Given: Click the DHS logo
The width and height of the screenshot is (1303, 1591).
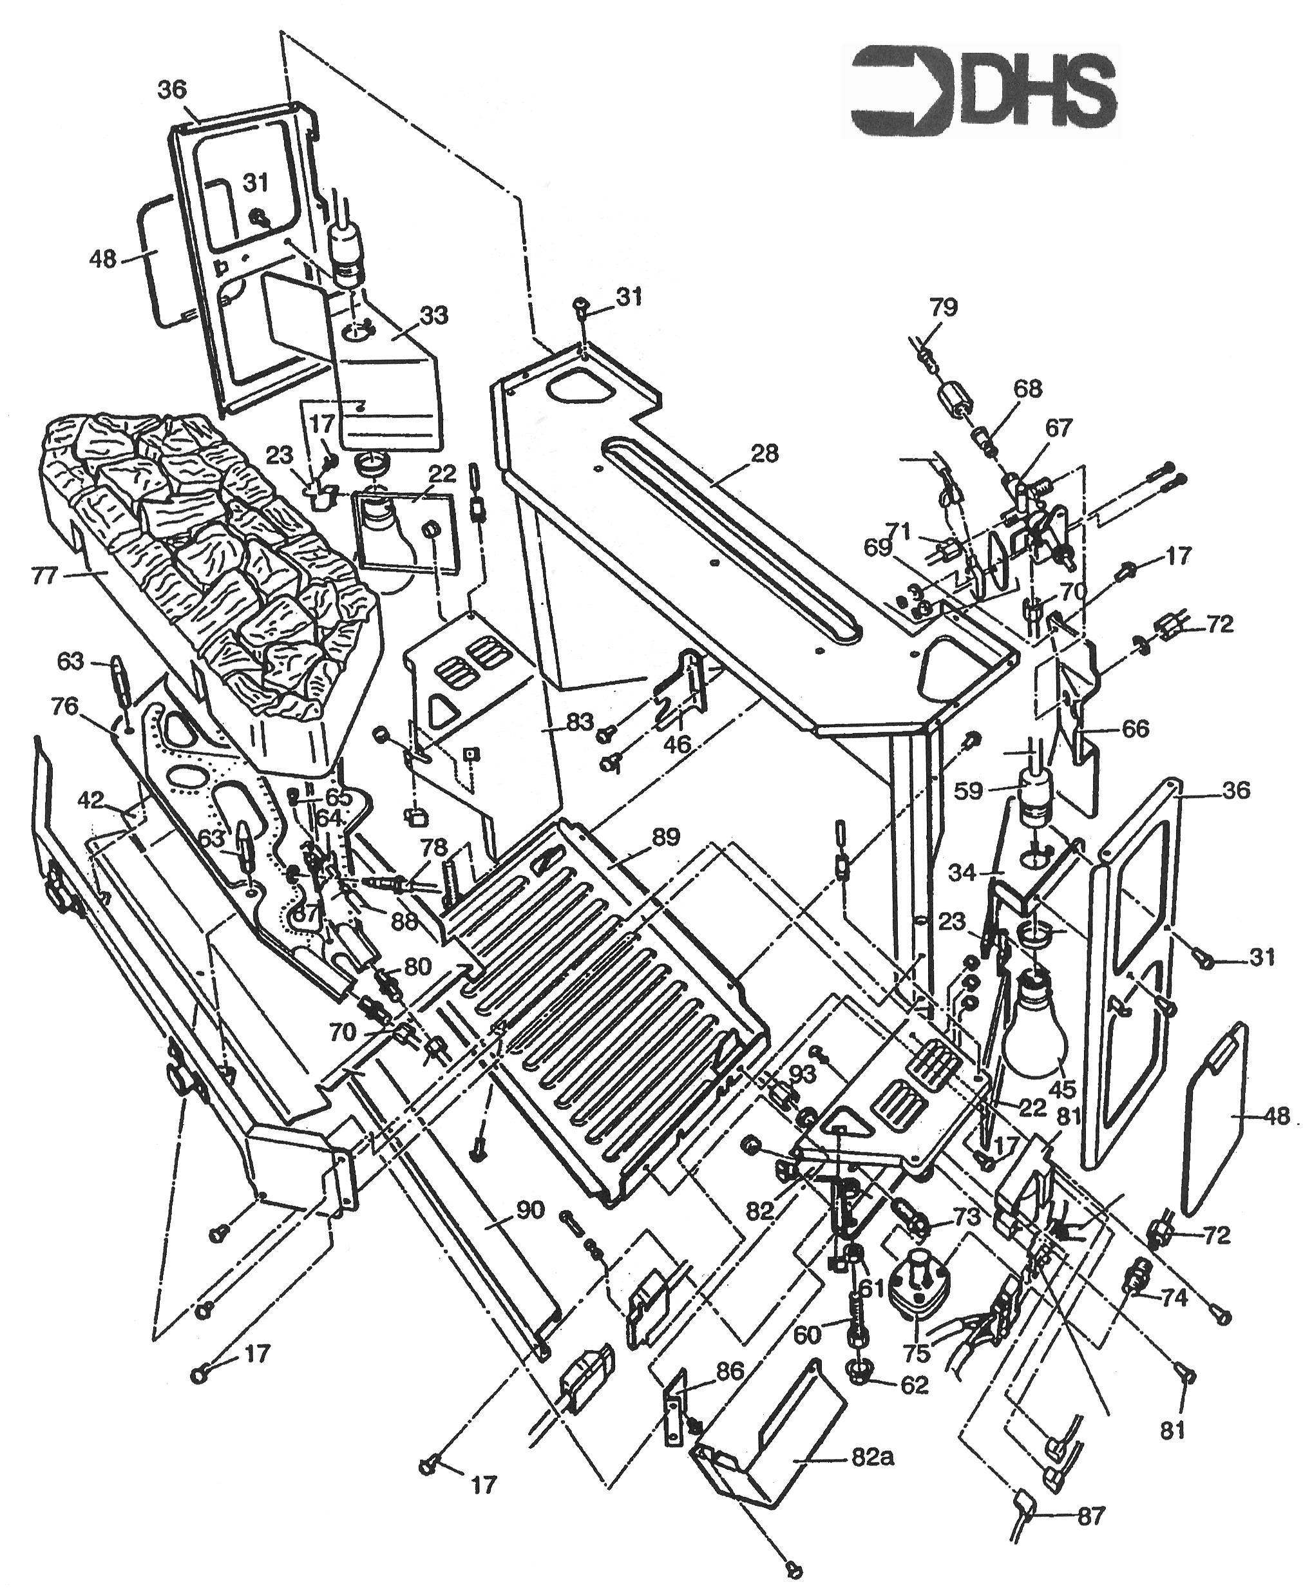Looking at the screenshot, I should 982,91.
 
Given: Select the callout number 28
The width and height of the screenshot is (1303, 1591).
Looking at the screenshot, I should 764,454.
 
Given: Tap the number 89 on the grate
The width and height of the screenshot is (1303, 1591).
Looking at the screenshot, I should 666,837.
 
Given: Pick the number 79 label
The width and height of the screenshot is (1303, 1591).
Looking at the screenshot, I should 943,307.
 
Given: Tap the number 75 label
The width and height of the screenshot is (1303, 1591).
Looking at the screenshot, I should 917,1353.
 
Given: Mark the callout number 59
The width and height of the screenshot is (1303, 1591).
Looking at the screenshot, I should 968,790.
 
